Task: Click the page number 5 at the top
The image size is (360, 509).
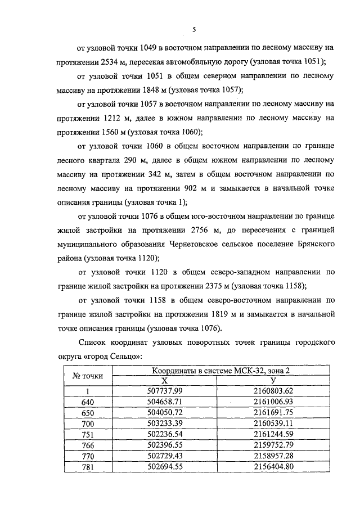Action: [x=193, y=29]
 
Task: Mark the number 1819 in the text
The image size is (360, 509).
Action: [x=227, y=314]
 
